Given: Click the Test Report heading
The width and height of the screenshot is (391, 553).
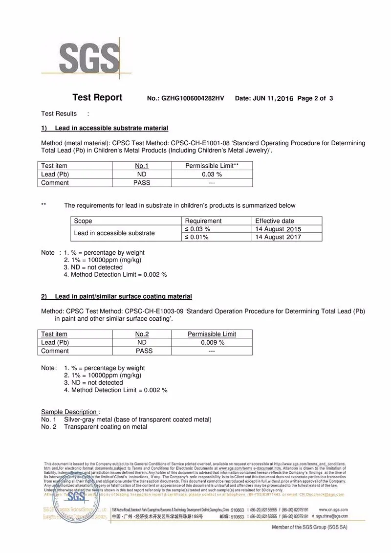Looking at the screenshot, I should pyautogui.click(x=97, y=98).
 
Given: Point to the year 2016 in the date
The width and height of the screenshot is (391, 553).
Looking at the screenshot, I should pyautogui.click(x=285, y=99).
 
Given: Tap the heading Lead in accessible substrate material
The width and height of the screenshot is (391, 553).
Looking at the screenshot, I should pyautogui.click(x=111, y=128).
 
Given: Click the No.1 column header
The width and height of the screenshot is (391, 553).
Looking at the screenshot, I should pyautogui.click(x=142, y=166).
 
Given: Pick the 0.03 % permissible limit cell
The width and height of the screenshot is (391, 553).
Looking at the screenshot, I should pyautogui.click(x=212, y=175).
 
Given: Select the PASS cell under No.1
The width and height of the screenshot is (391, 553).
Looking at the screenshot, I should pyautogui.click(x=142, y=183).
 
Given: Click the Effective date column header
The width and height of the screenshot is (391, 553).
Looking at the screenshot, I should pyautogui.click(x=275, y=221).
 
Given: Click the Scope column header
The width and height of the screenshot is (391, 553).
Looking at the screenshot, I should pyautogui.click(x=83, y=221).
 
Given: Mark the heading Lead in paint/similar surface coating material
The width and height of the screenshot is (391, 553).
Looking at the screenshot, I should pyautogui.click(x=123, y=296).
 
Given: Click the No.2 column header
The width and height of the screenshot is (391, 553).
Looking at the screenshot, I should pyautogui.click(x=142, y=334).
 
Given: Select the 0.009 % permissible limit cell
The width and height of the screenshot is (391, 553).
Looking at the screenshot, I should pyautogui.click(x=212, y=343).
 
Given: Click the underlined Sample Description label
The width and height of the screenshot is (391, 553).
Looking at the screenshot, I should pyautogui.click(x=69, y=412).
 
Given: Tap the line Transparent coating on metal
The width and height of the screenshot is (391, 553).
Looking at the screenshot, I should pyautogui.click(x=106, y=427).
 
